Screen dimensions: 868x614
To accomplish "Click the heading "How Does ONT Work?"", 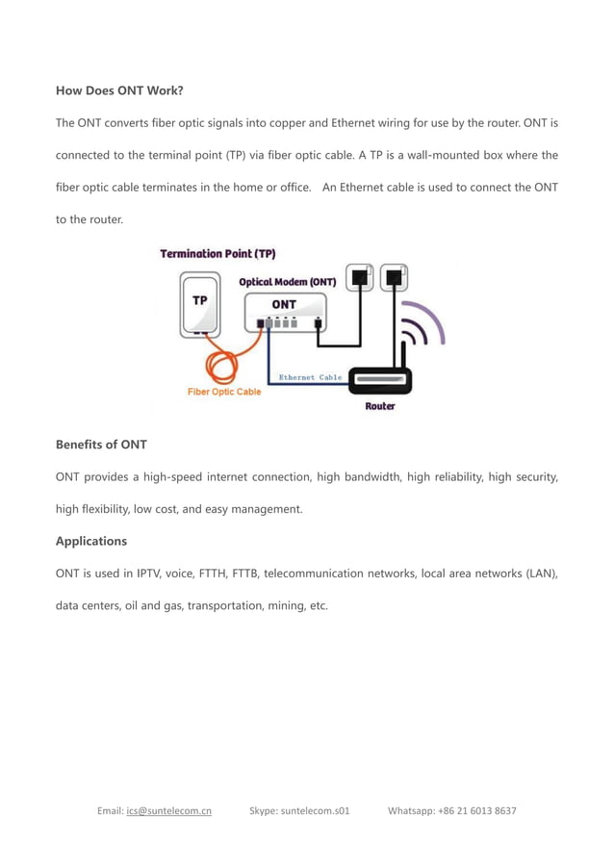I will (119, 90).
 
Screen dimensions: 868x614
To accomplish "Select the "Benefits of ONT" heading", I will (101, 444).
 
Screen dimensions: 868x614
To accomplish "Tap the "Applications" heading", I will (91, 541).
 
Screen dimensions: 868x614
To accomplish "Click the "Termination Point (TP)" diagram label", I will (217, 254).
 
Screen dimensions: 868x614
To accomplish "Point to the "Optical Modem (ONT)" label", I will (287, 282).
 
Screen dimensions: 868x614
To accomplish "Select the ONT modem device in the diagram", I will (284, 314).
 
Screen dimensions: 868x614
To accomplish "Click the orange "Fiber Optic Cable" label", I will (223, 392).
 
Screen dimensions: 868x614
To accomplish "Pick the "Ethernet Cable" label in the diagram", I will (310, 377).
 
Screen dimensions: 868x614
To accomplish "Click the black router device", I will (379, 382).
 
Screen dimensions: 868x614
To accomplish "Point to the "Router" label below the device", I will (379, 406).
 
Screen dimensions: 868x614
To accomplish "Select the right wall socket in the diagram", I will (393, 278).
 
